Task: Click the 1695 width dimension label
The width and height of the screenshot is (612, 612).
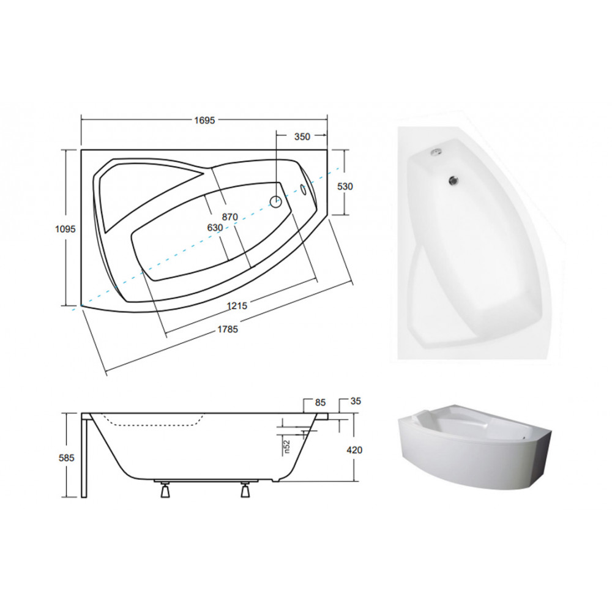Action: coord(204,120)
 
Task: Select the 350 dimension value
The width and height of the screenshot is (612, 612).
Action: coord(302,136)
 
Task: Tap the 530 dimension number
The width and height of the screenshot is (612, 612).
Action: coord(345,187)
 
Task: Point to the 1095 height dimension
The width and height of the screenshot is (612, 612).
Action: coord(65,229)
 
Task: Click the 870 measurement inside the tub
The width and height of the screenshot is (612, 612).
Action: coord(230,217)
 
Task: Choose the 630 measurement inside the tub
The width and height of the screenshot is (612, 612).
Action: coord(215,228)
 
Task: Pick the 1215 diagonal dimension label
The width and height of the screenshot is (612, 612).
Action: coord(237,305)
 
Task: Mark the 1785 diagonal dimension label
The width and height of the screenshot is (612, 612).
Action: coord(228,329)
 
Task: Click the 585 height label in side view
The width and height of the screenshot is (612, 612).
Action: coord(66,457)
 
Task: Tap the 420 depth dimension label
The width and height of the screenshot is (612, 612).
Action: coord(354,450)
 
